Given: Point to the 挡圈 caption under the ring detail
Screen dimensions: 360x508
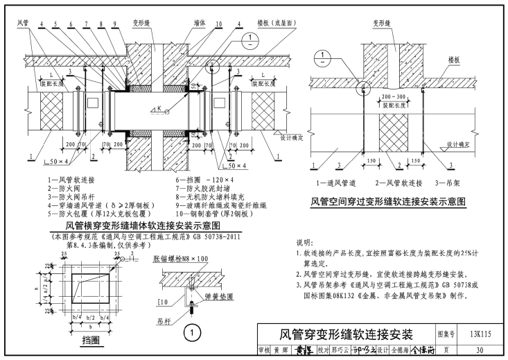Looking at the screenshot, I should point(91,339).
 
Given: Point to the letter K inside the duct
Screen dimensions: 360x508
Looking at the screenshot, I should point(161,108).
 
